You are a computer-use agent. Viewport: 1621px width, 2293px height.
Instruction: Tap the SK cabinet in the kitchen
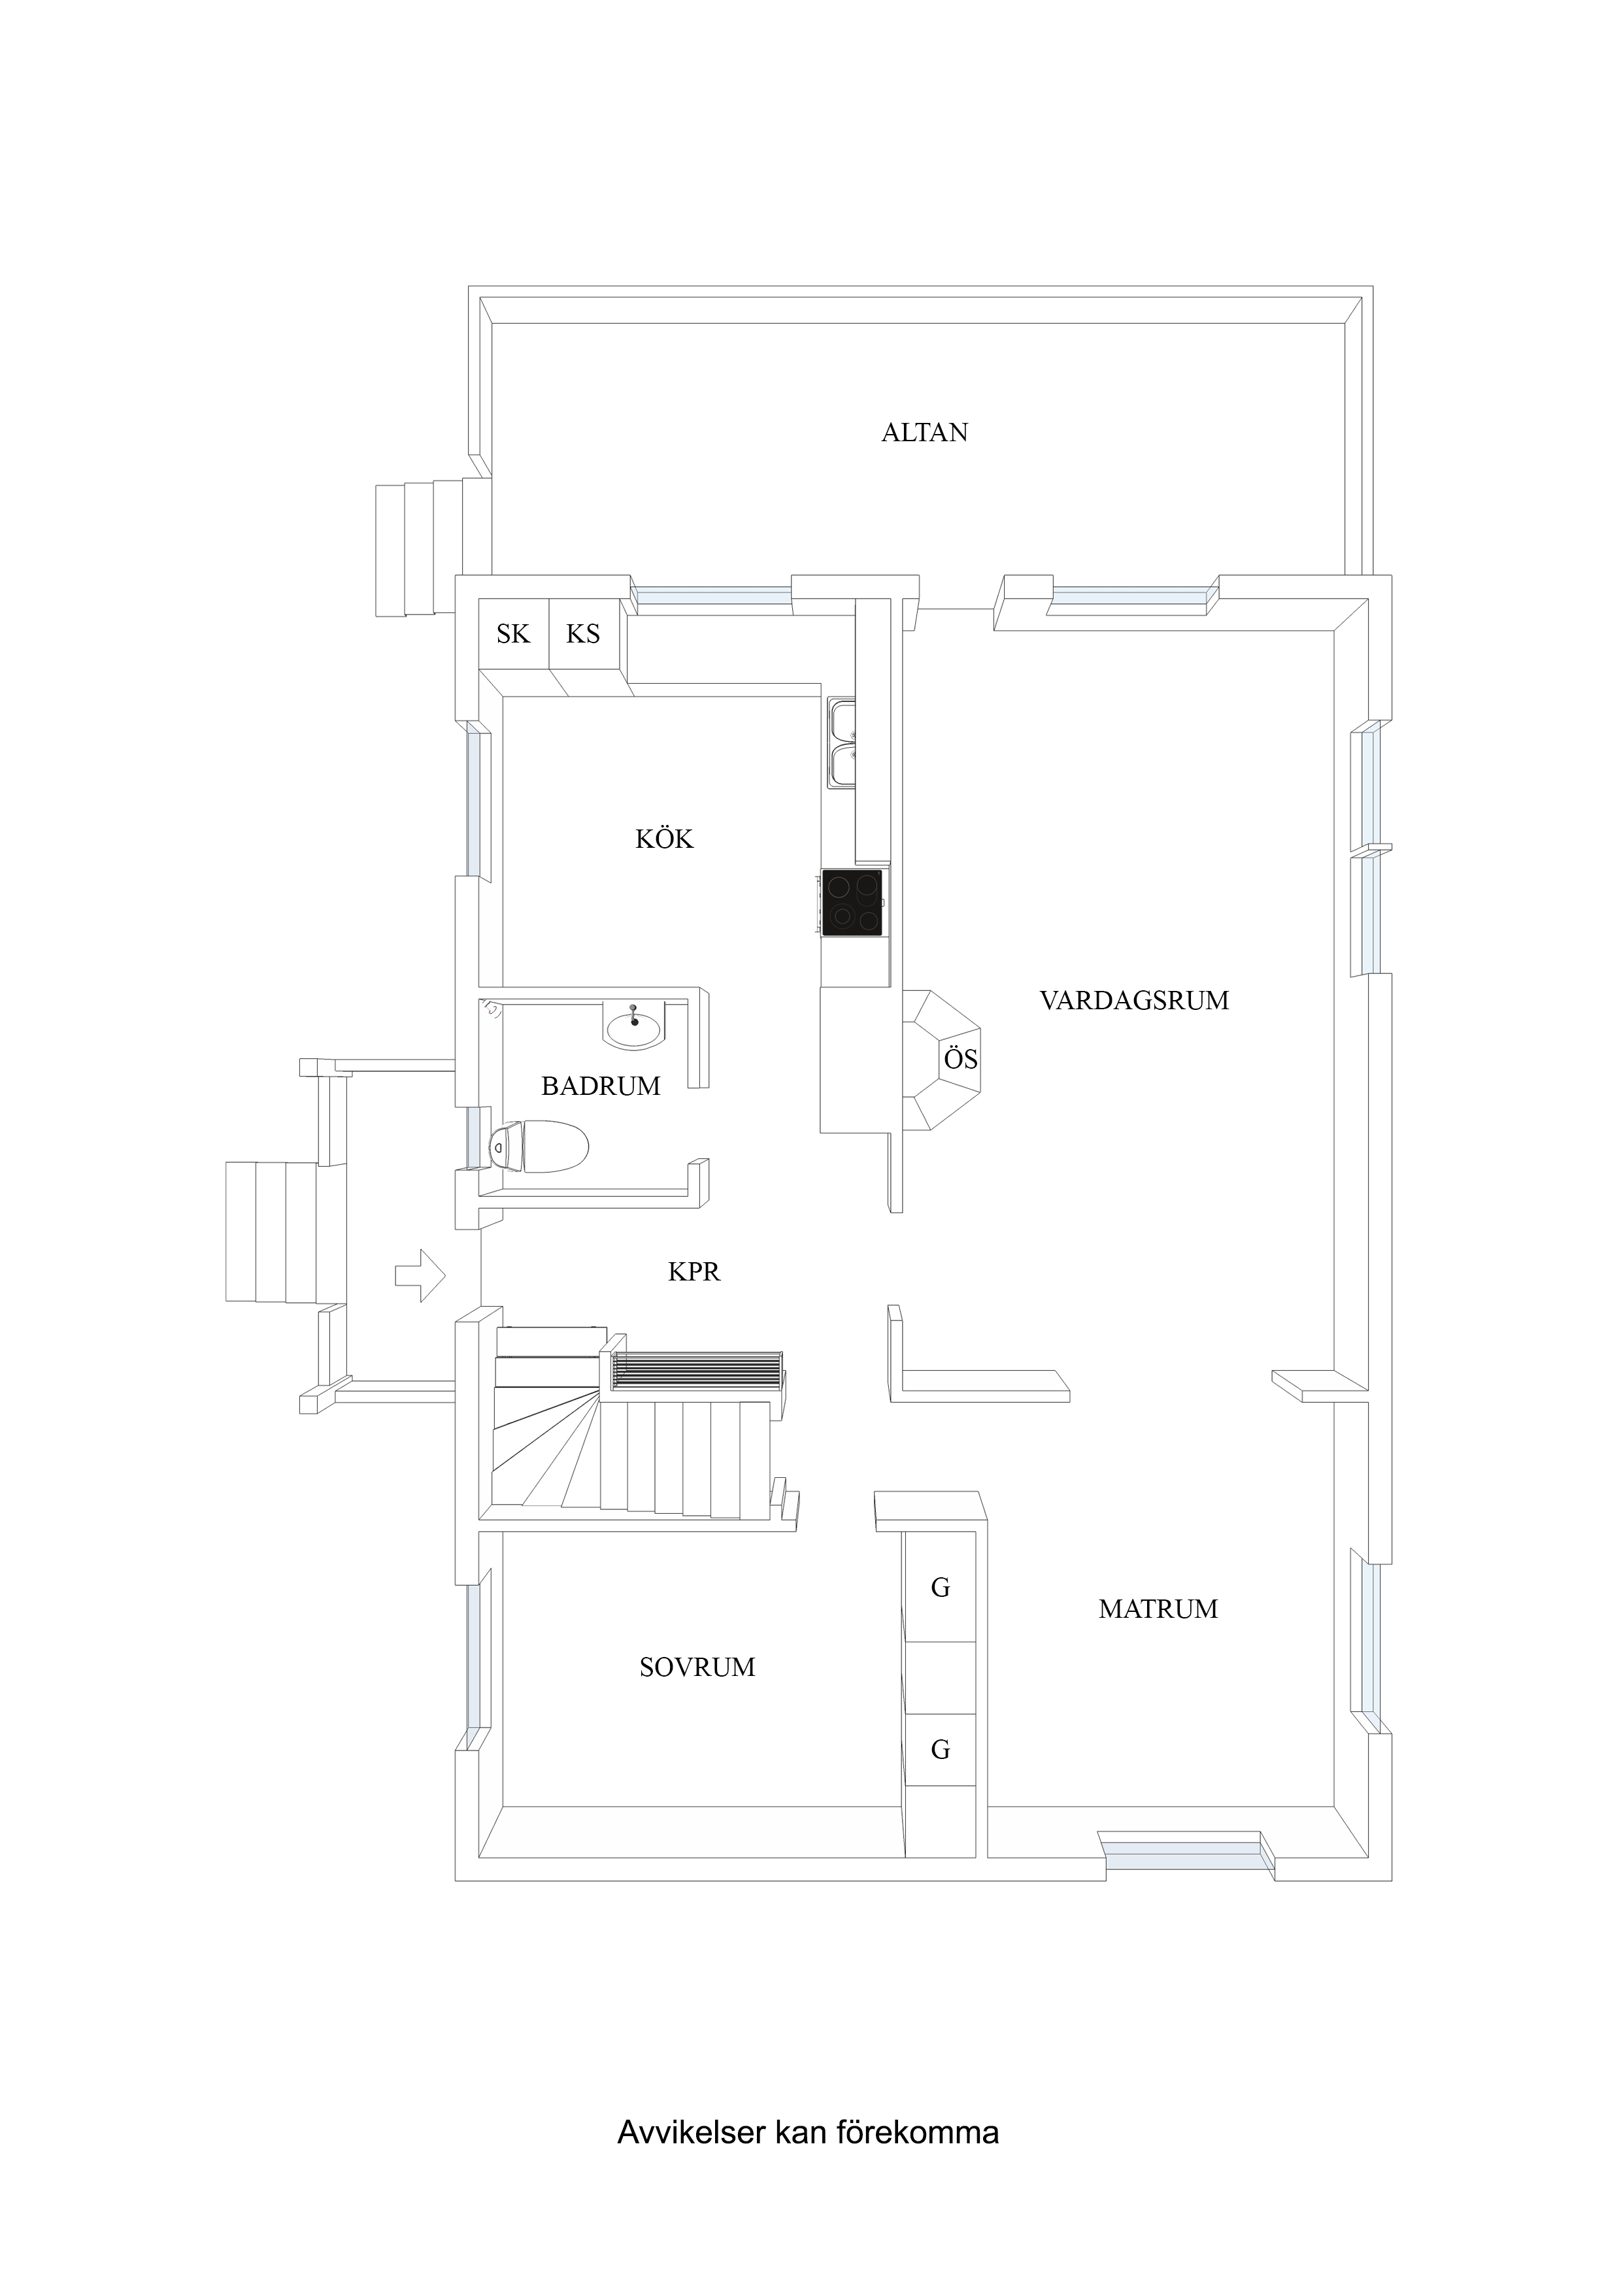[x=513, y=633]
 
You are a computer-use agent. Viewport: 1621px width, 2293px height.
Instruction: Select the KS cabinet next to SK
[x=585, y=633]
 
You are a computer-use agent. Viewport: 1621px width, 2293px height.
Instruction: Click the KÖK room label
[x=664, y=839]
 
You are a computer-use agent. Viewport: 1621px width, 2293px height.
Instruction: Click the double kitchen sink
[x=842, y=744]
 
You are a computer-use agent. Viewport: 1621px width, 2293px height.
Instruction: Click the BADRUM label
[x=601, y=1086]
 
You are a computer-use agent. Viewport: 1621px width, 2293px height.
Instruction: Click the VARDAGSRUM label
[x=1135, y=1001]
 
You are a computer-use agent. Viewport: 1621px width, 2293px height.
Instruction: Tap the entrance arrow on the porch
[x=420, y=1275]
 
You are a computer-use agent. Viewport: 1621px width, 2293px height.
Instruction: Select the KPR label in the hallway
[x=694, y=1271]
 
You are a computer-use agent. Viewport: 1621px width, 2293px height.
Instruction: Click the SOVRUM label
[x=697, y=1667]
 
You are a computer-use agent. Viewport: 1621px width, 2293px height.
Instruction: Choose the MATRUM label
[x=1159, y=1609]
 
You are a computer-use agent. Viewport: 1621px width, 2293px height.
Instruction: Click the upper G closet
[x=940, y=1587]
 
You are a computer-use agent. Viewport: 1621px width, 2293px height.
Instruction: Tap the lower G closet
[x=940, y=1749]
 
